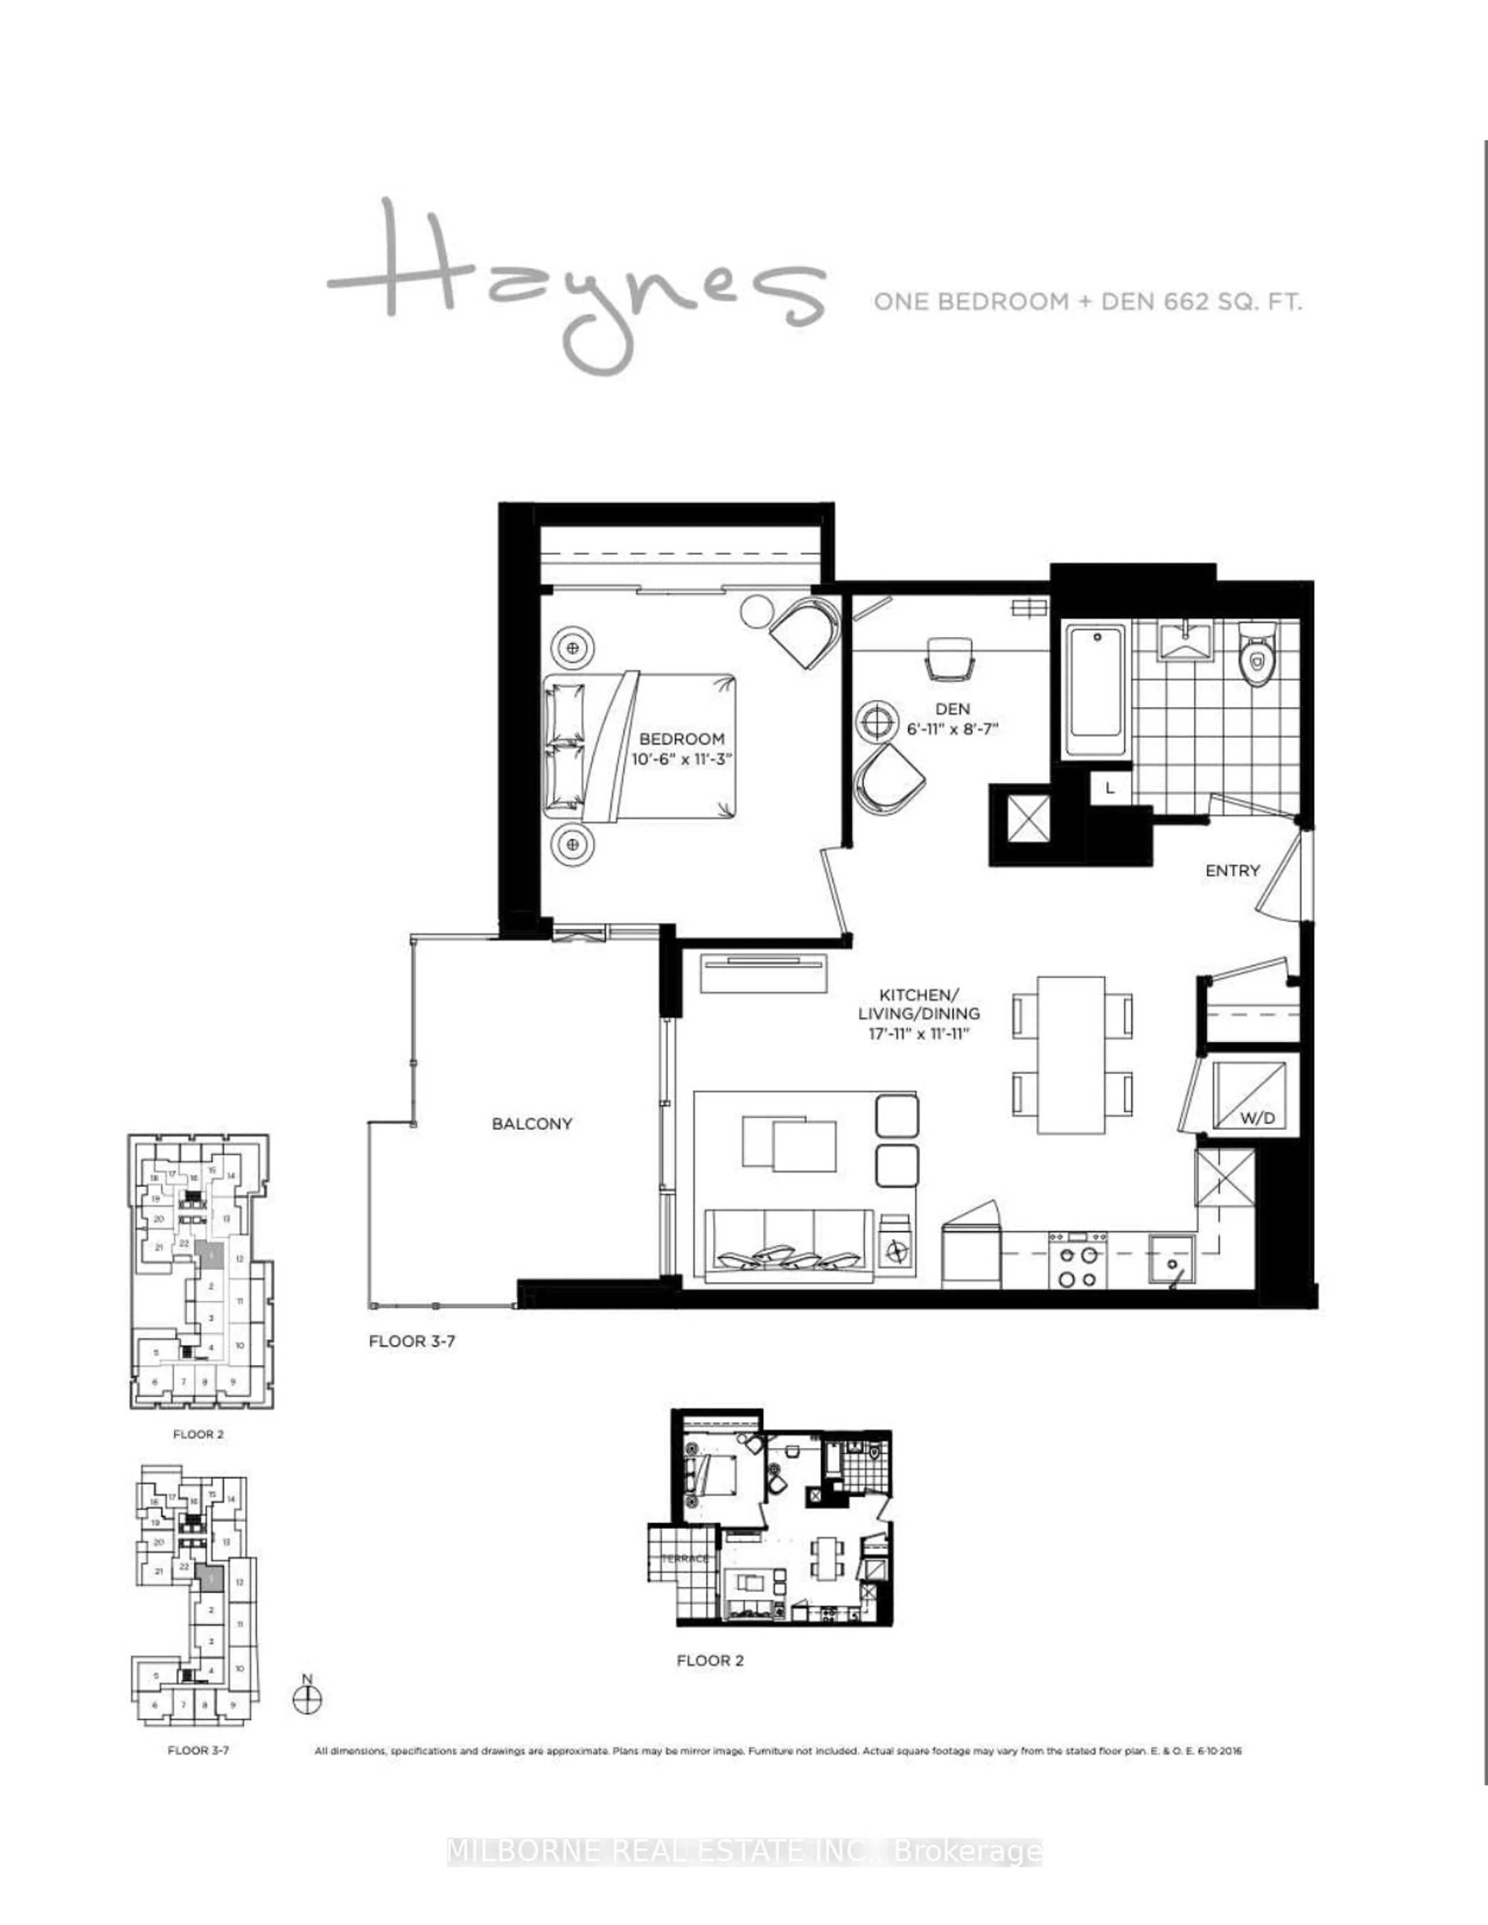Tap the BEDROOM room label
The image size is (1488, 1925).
(x=681, y=739)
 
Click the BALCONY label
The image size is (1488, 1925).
(x=532, y=1124)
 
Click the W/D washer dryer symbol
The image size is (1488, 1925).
(x=1249, y=1096)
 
